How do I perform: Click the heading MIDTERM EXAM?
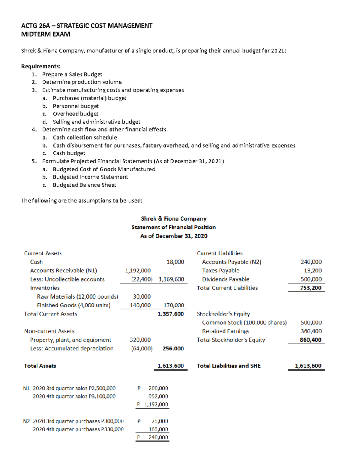(46, 34)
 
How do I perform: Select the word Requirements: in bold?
(41, 66)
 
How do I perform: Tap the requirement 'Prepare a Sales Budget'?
(72, 74)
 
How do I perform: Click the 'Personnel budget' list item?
(76, 106)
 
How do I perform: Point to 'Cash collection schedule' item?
(85, 137)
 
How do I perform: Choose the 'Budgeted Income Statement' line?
(90, 177)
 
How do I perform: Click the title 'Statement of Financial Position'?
(173, 227)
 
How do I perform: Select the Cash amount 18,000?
(175, 262)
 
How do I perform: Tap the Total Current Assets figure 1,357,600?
(171, 314)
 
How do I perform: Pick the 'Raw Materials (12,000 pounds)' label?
(77, 297)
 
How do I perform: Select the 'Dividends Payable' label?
(226, 279)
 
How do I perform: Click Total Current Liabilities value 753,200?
(310, 288)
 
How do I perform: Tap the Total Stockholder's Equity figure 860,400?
(310, 340)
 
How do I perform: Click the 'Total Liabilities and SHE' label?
(229, 366)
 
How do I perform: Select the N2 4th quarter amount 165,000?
(158, 429)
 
